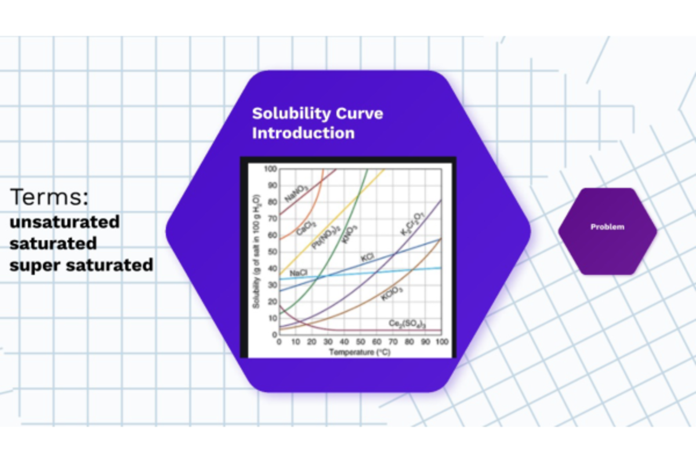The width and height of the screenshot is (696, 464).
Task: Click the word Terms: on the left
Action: (x=49, y=197)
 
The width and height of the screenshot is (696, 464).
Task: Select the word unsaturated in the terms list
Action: (x=64, y=222)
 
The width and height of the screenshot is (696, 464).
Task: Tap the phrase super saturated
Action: (x=81, y=265)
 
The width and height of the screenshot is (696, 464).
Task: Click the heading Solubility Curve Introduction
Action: (x=317, y=123)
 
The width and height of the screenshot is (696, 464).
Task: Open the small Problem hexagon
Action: (x=607, y=227)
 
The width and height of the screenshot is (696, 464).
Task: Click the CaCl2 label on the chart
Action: (x=306, y=227)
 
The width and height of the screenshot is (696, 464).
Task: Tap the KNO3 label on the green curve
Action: (x=350, y=234)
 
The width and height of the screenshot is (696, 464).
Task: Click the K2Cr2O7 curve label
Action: (x=412, y=224)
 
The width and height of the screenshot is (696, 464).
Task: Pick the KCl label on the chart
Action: (x=367, y=256)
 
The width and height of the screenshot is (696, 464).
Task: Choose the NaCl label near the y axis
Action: (x=298, y=273)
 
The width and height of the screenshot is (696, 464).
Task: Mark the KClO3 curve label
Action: (x=392, y=294)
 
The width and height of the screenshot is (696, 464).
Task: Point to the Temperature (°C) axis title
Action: (x=360, y=352)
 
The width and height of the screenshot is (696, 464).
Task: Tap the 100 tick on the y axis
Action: (x=270, y=169)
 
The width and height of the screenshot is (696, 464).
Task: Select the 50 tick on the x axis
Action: (x=361, y=342)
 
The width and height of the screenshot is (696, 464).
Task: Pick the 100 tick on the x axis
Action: (x=441, y=342)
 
